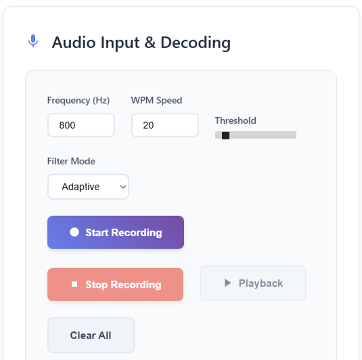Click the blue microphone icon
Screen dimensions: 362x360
33,41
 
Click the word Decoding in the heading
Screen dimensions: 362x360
196,43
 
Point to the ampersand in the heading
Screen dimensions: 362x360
150,43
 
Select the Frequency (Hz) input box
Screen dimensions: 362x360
81,125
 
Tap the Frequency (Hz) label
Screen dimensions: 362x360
78,100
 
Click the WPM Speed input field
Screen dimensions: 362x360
165,125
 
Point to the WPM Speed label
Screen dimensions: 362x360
156,100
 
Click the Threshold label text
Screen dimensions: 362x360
235,120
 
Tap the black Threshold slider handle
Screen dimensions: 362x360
225,135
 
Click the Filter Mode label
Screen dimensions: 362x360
71,161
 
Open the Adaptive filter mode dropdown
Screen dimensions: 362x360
88,187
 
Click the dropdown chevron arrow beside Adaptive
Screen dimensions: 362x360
123,187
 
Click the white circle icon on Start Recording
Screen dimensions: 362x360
74,232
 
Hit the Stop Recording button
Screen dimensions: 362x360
116,284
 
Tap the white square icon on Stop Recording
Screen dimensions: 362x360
74,284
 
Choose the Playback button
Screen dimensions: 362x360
253,283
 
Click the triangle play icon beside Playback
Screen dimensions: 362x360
227,283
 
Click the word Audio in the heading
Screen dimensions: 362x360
74,43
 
